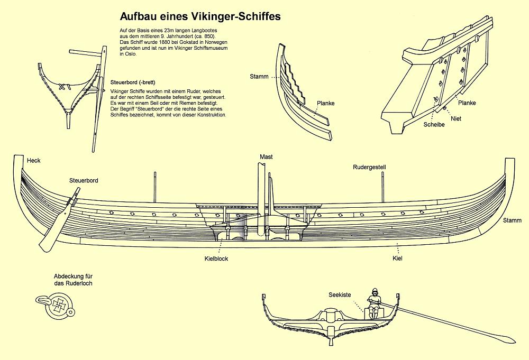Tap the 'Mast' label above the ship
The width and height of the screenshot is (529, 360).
(x=266, y=157)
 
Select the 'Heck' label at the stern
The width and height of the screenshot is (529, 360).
(x=33, y=160)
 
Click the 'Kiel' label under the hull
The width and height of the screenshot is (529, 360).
(x=398, y=259)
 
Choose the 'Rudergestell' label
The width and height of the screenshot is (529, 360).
(x=369, y=167)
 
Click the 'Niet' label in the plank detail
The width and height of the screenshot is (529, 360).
(x=456, y=119)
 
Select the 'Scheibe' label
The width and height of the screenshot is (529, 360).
(x=433, y=125)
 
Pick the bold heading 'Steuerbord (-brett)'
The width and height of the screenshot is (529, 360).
(x=132, y=83)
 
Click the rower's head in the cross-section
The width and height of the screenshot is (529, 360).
(x=375, y=292)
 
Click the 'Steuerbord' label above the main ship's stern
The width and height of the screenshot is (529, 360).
(x=84, y=181)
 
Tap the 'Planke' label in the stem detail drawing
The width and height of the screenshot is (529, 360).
(x=325, y=103)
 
